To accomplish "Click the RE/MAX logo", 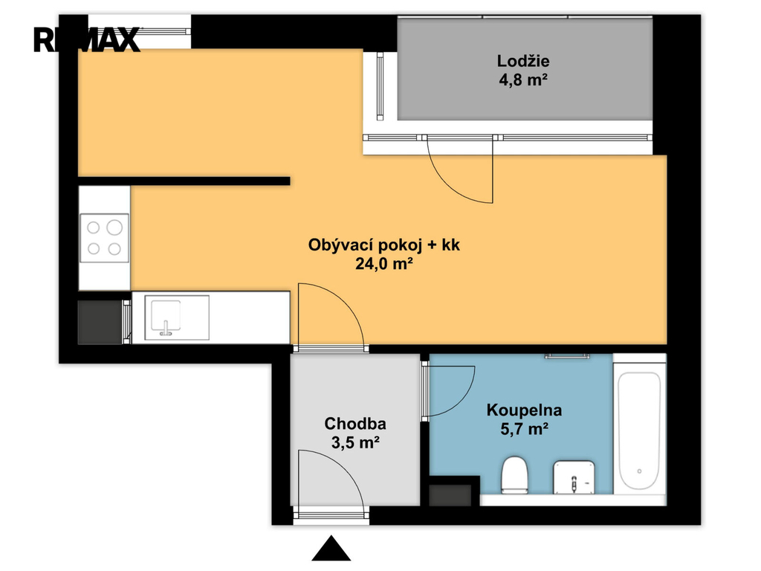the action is [x=87, y=40].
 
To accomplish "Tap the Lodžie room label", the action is [x=523, y=61].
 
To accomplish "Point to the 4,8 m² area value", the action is [x=523, y=80].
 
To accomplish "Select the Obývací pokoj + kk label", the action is [x=384, y=245].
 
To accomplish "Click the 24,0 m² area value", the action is [x=384, y=264].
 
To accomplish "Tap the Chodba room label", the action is [x=355, y=424].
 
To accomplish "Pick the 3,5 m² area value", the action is [x=355, y=442].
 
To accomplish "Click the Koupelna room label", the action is [x=524, y=410].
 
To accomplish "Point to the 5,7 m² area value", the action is [x=524, y=429].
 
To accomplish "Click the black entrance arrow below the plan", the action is [x=331, y=549].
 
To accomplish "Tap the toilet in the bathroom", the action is [x=514, y=475].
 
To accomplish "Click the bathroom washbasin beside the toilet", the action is [x=574, y=477].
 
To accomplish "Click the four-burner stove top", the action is [x=104, y=238].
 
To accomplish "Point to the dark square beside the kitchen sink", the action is [x=100, y=322].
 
